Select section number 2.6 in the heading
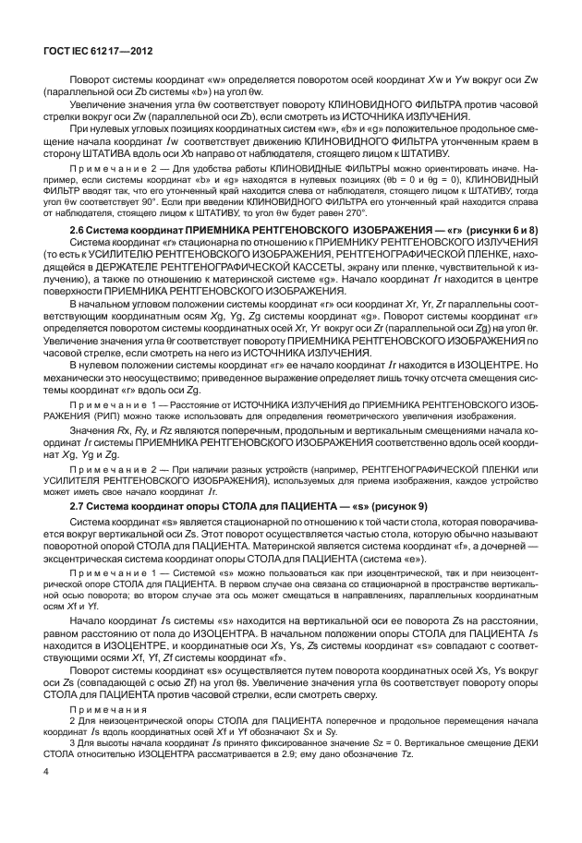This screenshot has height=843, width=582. pos(79,228)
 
